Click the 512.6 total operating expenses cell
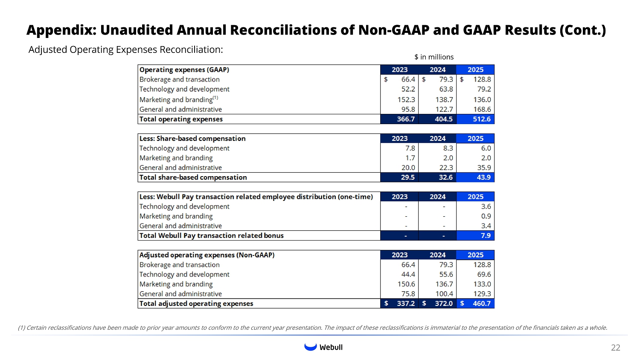tap(481, 119)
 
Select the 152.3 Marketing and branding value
tap(406, 99)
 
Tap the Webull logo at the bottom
tap(323, 347)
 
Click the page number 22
tap(615, 348)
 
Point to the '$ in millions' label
tap(433, 57)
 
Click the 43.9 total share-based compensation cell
tap(483, 177)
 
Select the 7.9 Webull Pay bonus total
tap(486, 235)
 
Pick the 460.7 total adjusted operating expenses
tap(481, 304)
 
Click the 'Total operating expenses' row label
tap(181, 119)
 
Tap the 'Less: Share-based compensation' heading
tap(192, 139)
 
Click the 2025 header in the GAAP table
tap(475, 70)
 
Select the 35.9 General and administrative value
tap(484, 168)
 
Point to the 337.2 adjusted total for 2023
tap(405, 304)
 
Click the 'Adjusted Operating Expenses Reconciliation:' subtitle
tap(125, 50)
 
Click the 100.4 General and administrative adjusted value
tap(444, 294)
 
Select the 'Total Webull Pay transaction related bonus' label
tap(211, 235)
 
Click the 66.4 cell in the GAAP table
tap(408, 80)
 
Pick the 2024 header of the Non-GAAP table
tap(437, 255)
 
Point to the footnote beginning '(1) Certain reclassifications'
tap(312, 328)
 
